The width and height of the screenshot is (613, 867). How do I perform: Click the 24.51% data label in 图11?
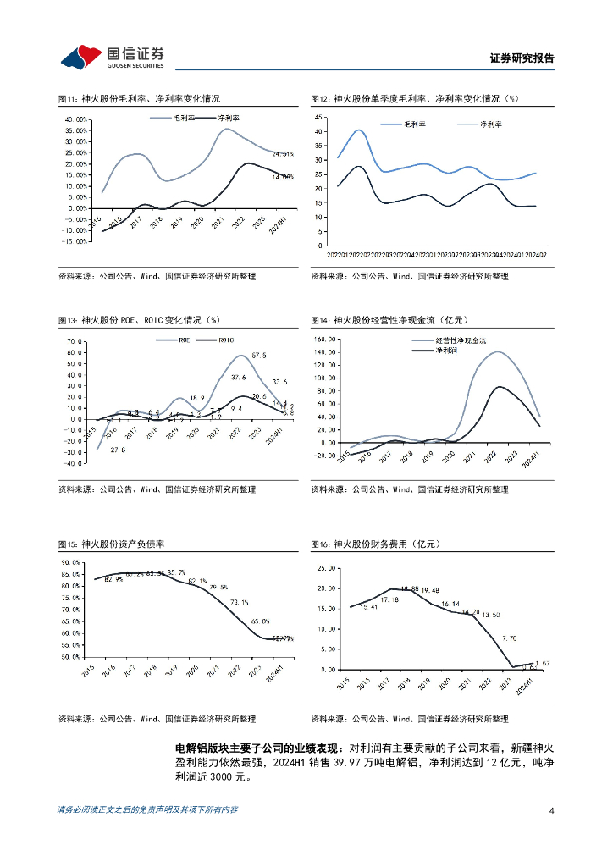[283, 154]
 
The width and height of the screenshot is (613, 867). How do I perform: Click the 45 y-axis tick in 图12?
[318, 117]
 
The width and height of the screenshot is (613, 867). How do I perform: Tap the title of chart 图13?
[139, 320]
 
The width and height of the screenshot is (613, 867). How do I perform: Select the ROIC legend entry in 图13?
[226, 340]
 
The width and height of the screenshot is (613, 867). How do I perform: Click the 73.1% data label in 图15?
[240, 603]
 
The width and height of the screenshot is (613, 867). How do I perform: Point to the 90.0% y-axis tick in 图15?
[70, 562]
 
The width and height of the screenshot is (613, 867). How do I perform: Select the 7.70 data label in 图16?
[509, 638]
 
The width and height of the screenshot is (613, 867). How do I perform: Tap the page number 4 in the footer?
[551, 811]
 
